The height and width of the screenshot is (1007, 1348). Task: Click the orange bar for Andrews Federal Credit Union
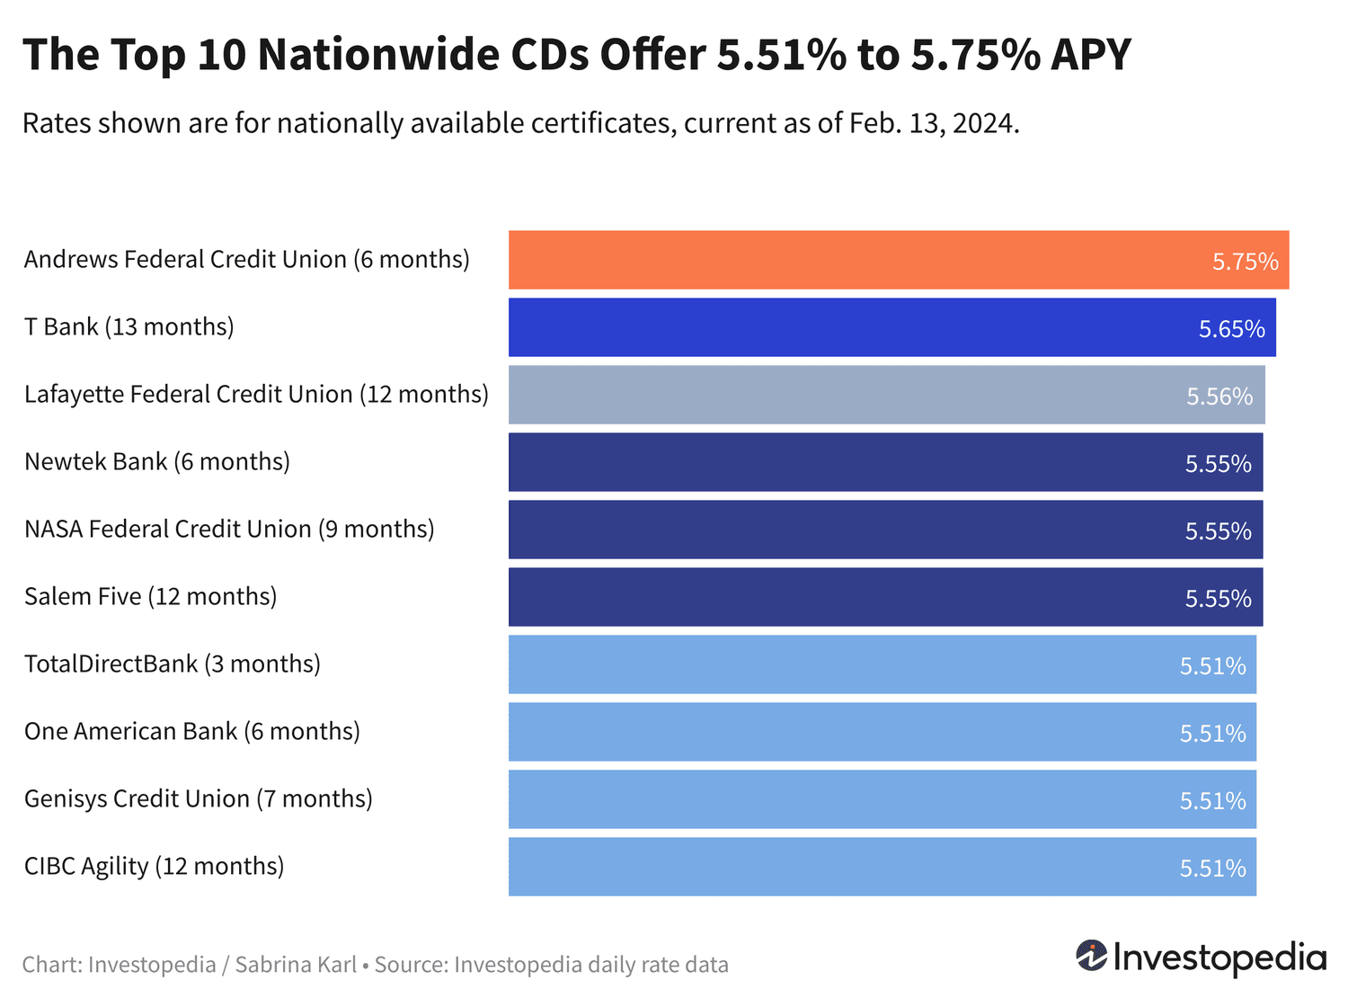[899, 260]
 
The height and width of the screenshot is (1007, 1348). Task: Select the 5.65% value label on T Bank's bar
[1231, 329]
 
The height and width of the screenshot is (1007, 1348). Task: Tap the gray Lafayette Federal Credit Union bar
[886, 395]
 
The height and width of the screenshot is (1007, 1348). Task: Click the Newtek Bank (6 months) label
[157, 462]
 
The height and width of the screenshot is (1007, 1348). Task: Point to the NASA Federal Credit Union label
[229, 530]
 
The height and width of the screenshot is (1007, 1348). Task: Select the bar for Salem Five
[885, 597]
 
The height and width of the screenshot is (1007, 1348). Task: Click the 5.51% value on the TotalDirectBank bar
[1212, 666]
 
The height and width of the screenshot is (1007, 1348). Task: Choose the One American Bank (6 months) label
[192, 732]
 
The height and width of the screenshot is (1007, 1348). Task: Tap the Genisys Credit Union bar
[882, 799]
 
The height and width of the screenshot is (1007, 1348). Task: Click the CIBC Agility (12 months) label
[155, 867]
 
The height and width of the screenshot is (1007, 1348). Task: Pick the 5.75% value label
[1245, 262]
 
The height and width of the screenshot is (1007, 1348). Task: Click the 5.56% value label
[1219, 397]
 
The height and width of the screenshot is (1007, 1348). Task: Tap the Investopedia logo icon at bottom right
[1092, 956]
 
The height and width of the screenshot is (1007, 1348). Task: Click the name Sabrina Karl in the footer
[295, 966]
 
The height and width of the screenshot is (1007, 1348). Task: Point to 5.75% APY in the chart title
[1021, 55]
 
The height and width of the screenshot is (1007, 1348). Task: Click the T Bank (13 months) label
[129, 327]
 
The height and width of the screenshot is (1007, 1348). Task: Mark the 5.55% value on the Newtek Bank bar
[1218, 464]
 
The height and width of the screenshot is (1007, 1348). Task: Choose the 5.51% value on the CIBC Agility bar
[1212, 869]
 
